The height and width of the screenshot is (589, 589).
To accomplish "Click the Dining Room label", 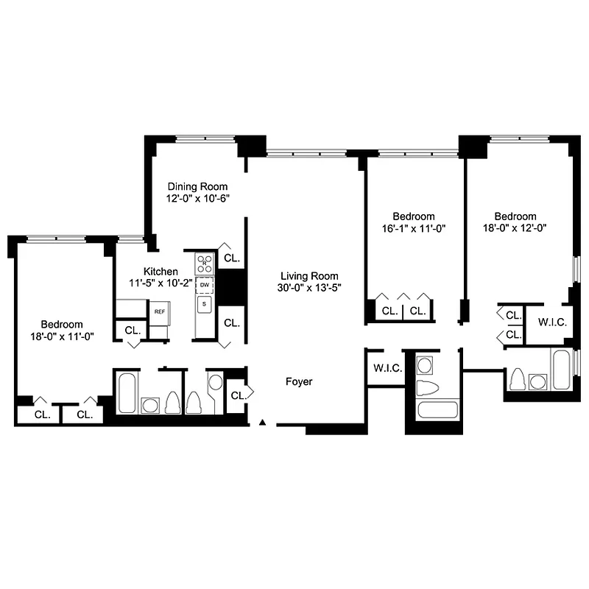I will (197, 186).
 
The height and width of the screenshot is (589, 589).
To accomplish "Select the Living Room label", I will (306, 276).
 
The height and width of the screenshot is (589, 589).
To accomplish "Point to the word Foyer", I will (299, 381).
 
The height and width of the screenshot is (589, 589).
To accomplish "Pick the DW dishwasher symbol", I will (205, 286).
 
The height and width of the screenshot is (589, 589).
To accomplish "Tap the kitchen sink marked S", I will (205, 303).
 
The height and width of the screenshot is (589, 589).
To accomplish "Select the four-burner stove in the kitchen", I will (205, 262).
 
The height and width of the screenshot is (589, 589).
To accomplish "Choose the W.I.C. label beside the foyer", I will (387, 368).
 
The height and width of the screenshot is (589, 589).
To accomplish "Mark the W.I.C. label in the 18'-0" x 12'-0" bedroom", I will (551, 322).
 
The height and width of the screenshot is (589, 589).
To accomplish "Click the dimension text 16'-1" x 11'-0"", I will (413, 228).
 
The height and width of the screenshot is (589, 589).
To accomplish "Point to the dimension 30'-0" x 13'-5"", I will (306, 288).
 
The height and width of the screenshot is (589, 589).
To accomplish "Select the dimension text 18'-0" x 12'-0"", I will (515, 228).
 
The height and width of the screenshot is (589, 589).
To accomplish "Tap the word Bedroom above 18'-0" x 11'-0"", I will (62, 324).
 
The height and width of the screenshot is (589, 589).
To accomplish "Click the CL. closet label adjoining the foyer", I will (238, 395).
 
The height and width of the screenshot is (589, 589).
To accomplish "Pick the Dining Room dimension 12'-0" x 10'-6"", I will (197, 198).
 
